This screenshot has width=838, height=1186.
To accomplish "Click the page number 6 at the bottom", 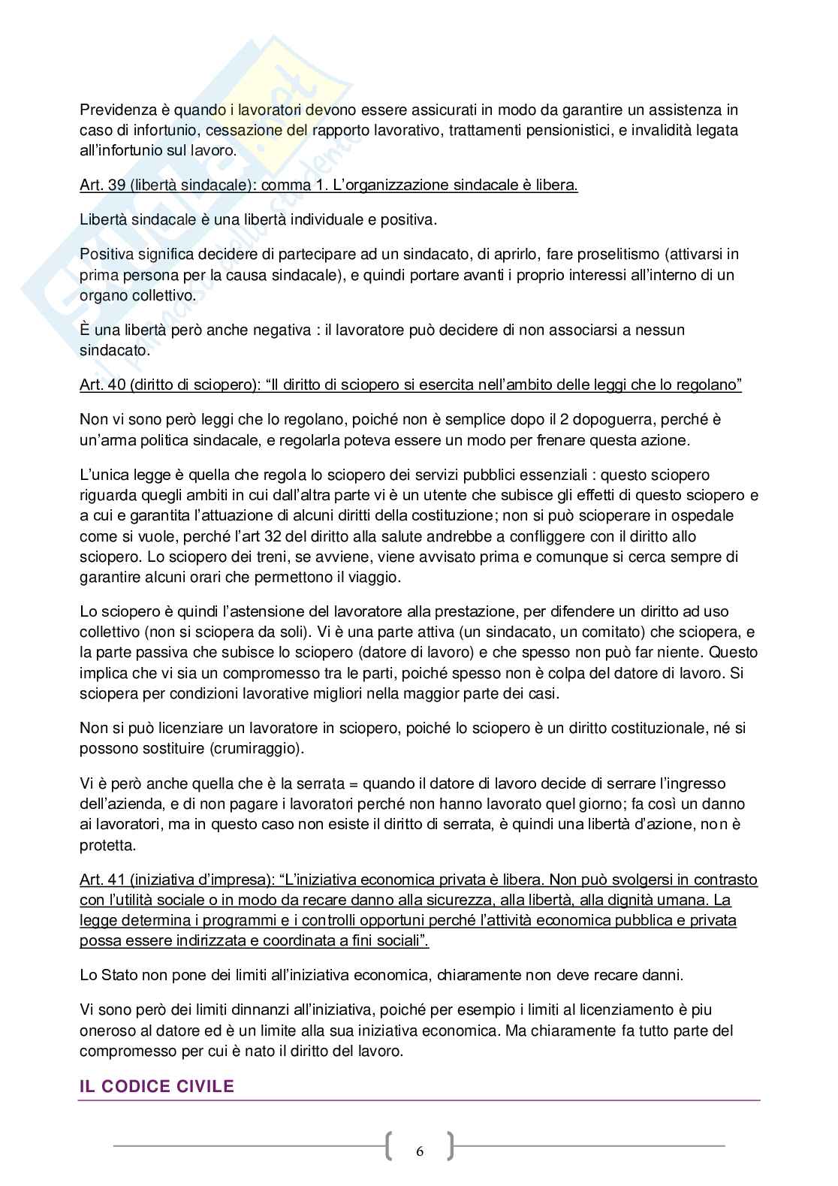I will [419, 1151].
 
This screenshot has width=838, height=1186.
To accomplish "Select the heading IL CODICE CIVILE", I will [157, 1086].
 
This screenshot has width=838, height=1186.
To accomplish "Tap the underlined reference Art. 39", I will [102, 186].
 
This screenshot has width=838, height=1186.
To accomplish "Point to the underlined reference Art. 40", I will [102, 385].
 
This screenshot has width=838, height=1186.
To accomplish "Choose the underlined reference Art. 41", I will [102, 880].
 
